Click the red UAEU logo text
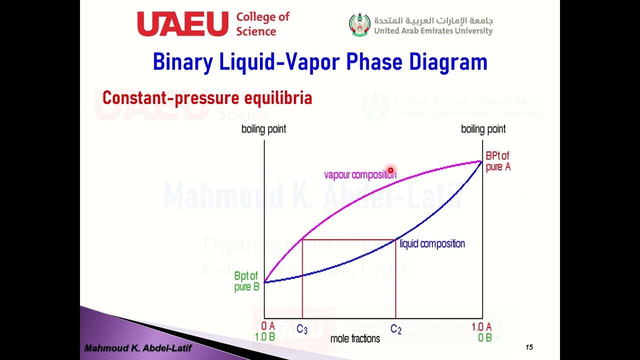(182, 24)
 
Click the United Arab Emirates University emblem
(360, 25)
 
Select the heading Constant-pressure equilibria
(207, 98)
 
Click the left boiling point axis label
(263, 129)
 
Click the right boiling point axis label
(483, 129)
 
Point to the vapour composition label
(359, 174)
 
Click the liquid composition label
(432, 243)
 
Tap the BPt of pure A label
(497, 161)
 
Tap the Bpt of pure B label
(246, 281)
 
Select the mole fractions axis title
(355, 338)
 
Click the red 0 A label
(268, 326)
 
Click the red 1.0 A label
(482, 326)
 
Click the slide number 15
(529, 347)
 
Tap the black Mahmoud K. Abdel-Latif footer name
(137, 348)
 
